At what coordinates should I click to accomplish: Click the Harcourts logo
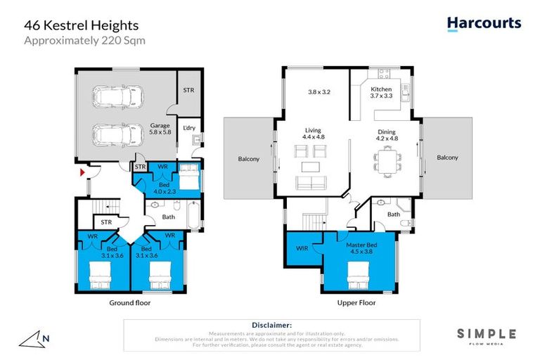(484, 23)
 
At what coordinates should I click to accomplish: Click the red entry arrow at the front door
(82, 171)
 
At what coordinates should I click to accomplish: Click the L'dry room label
(188, 128)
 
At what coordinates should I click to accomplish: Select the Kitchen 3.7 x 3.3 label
(381, 93)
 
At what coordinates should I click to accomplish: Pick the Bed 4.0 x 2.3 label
(163, 185)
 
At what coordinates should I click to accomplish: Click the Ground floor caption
(129, 303)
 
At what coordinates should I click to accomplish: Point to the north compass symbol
(35, 340)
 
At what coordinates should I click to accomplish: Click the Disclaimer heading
(271, 326)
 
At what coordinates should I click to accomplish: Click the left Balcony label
(249, 159)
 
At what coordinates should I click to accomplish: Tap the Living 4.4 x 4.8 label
(314, 133)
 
